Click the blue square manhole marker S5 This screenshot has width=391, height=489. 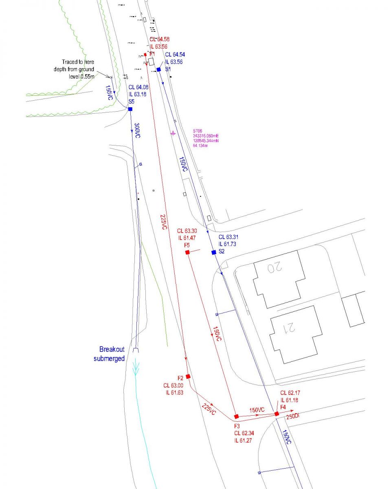point(130,109)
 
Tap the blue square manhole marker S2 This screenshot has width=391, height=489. point(214,252)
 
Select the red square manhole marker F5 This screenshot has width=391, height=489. point(187,253)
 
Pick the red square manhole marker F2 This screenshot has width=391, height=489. point(188,377)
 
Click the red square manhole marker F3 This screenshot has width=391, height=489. point(236,416)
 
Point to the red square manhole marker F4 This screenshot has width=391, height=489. point(277,414)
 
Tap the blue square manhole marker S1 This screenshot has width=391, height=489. point(159,70)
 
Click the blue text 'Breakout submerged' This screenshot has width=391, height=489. point(110,354)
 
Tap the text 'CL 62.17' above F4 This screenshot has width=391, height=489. point(289,393)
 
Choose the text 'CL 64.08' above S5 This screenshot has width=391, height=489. point(138,87)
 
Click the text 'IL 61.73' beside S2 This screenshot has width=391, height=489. point(228,244)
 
